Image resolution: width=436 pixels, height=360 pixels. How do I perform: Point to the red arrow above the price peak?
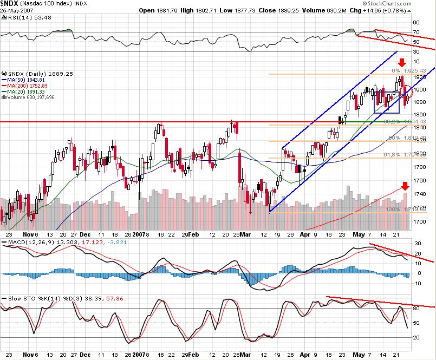401,63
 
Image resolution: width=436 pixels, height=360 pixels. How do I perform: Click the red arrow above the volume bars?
405,187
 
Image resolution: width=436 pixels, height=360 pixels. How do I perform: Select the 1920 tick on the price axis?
420,77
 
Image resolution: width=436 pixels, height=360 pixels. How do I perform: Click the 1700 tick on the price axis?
420,221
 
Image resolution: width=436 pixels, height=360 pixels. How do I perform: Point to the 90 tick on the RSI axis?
417,23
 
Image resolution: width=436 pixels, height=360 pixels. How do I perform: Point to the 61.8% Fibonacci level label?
402,155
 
